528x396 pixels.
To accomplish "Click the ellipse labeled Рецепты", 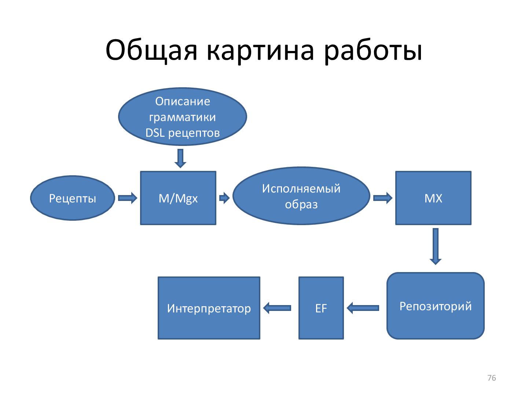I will [x=73, y=198].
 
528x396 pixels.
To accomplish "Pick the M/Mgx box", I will [x=178, y=198].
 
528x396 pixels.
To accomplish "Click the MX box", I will [x=433, y=198].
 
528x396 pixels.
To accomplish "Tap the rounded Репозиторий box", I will [x=435, y=306].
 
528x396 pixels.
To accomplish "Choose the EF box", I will [x=321, y=308].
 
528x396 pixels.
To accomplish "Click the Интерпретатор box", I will [x=209, y=308].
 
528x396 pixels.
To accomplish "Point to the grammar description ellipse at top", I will [x=183, y=117].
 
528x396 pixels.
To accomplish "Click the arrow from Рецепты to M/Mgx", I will [x=127, y=198].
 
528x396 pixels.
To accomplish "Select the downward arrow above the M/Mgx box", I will [x=180, y=158].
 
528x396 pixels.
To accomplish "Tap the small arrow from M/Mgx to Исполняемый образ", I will [x=224, y=198].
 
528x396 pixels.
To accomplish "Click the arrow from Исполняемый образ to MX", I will [x=382, y=198].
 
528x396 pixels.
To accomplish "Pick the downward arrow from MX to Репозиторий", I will [x=435, y=246].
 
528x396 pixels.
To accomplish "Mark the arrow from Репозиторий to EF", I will [x=363, y=308].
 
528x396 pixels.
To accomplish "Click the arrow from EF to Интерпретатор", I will [x=277, y=308].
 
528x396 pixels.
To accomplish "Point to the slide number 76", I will [x=491, y=378].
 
